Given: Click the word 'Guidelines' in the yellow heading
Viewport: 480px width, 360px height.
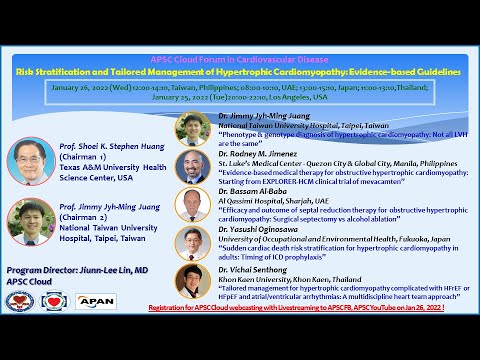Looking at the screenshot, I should [437, 73].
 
